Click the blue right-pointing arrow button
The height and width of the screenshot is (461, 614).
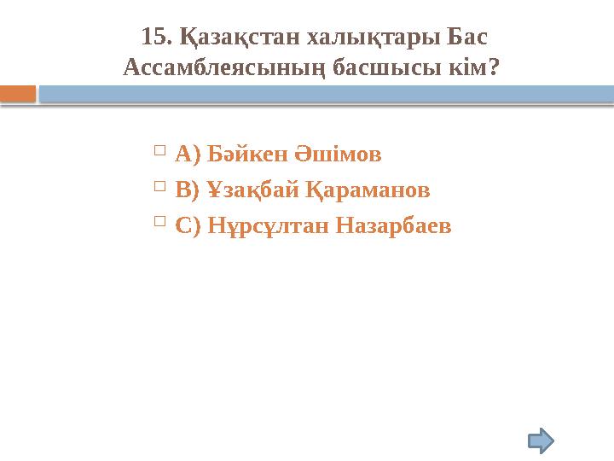(541, 441)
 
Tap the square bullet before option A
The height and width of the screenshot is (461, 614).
(160, 151)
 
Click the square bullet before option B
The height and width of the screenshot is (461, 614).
(160, 186)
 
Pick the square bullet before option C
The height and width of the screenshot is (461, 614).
(160, 222)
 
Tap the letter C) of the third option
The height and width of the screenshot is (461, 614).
(187, 226)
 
